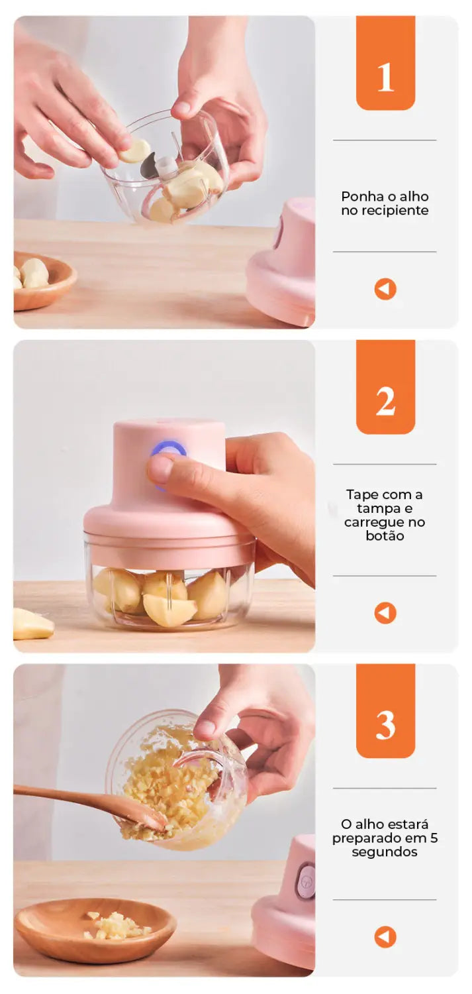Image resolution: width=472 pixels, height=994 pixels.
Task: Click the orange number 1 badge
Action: tap(385, 62)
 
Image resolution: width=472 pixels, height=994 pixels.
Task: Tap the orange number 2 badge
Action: tap(385, 386)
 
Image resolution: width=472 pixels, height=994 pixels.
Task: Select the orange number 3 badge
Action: tap(385, 710)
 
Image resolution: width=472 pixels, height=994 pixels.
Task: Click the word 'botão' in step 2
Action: tap(385, 535)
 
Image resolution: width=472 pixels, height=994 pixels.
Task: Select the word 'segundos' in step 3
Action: tap(384, 852)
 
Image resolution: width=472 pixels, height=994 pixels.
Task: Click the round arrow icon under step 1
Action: tap(385, 289)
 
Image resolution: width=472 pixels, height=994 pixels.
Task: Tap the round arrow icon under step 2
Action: tap(385, 613)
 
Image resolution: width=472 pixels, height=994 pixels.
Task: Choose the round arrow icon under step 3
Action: tap(385, 937)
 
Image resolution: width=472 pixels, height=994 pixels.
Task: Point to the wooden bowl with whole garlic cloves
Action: tap(44, 280)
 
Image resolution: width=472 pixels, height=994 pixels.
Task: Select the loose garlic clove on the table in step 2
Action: tap(33, 624)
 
